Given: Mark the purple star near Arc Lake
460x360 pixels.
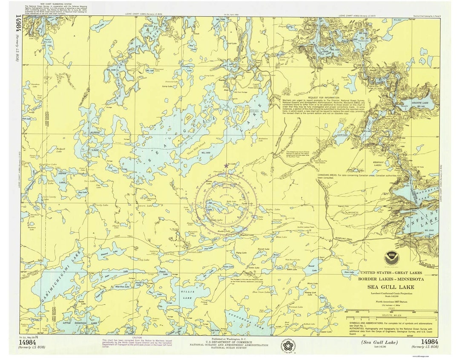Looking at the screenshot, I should [226, 165].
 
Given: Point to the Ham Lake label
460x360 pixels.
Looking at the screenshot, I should [349, 272].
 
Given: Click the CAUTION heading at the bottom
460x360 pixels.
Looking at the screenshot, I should [137, 337].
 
